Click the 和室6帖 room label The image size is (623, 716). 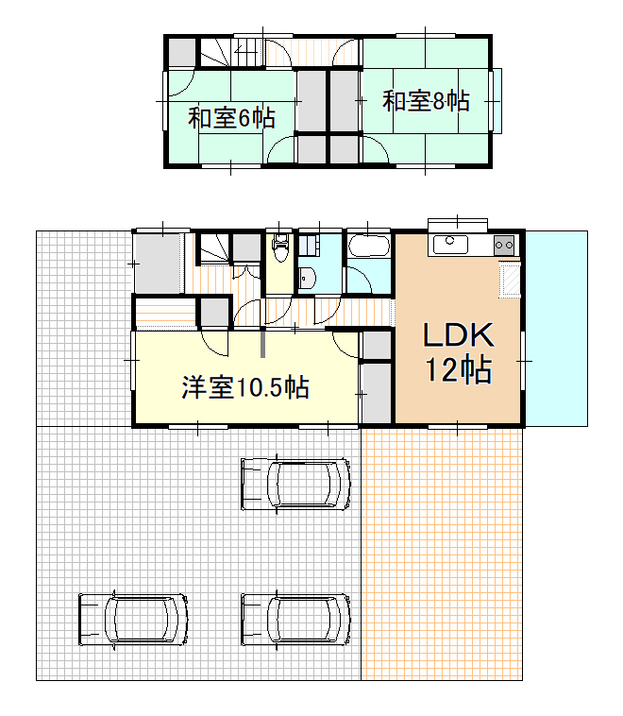pyautogui.click(x=231, y=118)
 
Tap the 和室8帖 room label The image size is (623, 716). pyautogui.click(x=426, y=101)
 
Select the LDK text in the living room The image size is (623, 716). pyautogui.click(x=458, y=334)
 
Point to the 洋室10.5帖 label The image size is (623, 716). pyautogui.click(x=245, y=387)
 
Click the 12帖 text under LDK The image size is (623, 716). pyautogui.click(x=459, y=369)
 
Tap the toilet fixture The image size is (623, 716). pyautogui.click(x=279, y=247)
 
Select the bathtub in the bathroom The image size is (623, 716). pyautogui.click(x=369, y=247)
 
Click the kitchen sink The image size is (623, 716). pyautogui.click(x=450, y=245)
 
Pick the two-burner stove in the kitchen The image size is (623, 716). pyautogui.click(x=504, y=246)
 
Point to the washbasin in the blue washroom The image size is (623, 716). pyautogui.click(x=306, y=278)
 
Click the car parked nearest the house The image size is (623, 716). pyautogui.click(x=295, y=484)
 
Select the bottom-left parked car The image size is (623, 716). pyautogui.click(x=133, y=620)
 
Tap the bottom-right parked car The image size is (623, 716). pyautogui.click(x=295, y=620)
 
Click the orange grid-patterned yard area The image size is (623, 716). pyautogui.click(x=442, y=554)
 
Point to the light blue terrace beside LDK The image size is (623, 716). pyautogui.click(x=556, y=329)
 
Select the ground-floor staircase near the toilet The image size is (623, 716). pyautogui.click(x=213, y=249)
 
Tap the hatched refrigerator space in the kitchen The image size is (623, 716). pyautogui.click(x=511, y=280)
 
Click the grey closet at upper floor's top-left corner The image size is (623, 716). pyautogui.click(x=182, y=53)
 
